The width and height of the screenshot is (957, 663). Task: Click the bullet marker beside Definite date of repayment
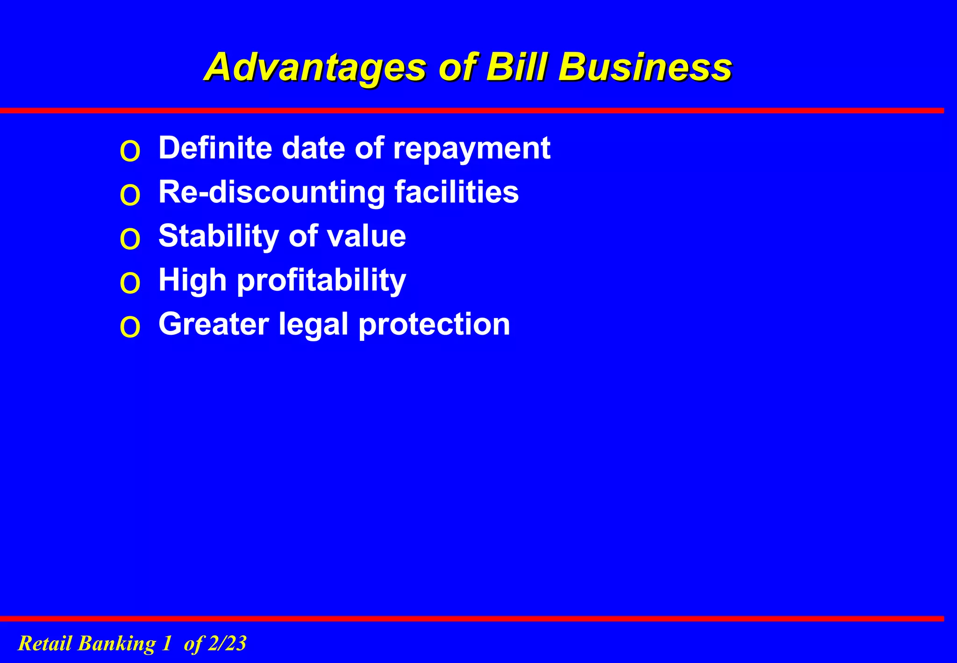coord(130,151)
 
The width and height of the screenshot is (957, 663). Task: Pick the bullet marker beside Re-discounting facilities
coord(130,195)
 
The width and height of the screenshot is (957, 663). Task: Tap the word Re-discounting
coord(271,192)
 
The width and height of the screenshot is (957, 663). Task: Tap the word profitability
coord(321,281)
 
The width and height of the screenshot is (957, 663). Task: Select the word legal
coord(314,324)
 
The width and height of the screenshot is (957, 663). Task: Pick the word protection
coord(434,324)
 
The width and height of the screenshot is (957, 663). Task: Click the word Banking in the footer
coord(116,643)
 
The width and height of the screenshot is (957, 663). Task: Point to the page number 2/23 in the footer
coord(227,643)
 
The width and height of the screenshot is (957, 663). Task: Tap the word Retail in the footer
coord(45,643)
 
